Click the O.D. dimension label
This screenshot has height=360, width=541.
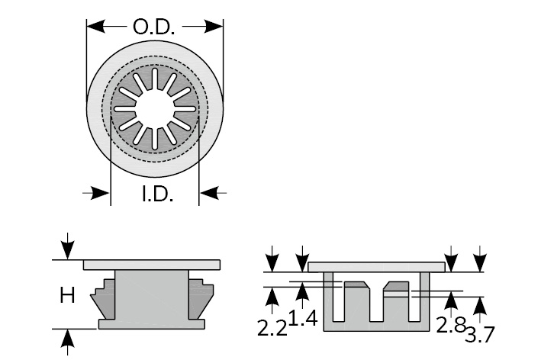pyautogui.click(x=154, y=27)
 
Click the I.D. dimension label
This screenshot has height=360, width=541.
pyautogui.click(x=157, y=194)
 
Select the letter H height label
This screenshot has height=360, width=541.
pyautogui.click(x=67, y=294)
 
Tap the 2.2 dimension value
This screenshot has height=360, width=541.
pyautogui.click(x=271, y=328)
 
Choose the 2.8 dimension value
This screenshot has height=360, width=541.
pyautogui.click(x=449, y=325)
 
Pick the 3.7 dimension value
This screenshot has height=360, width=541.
pyautogui.click(x=478, y=334)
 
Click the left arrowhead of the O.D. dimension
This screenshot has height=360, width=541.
pyautogui.click(x=94, y=27)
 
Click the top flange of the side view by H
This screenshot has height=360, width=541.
pyautogui.click(x=152, y=264)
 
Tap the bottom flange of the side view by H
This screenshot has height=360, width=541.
pyautogui.click(x=152, y=324)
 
